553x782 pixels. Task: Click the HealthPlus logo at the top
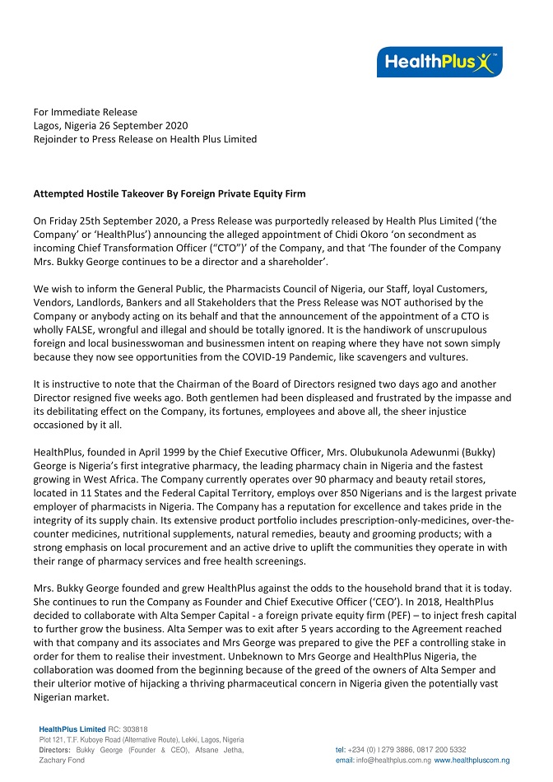[439, 62]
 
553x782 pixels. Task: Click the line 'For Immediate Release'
[85, 112]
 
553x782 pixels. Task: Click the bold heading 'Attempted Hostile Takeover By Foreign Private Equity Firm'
[169, 194]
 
